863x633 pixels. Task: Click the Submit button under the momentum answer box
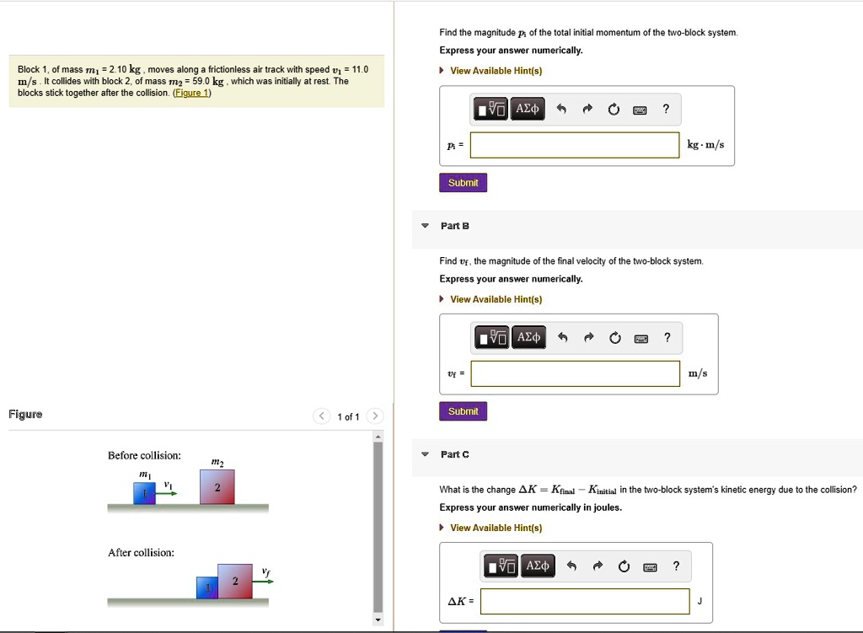point(463,183)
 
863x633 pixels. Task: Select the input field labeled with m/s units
point(575,373)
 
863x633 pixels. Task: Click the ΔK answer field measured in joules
point(585,601)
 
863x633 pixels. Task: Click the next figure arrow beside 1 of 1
point(375,416)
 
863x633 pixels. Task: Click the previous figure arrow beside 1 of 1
point(322,416)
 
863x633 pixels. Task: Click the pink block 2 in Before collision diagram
point(217,487)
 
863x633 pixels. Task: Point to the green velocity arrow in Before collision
point(168,492)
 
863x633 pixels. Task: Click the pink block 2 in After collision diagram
point(235,582)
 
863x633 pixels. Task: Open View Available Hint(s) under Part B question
point(496,299)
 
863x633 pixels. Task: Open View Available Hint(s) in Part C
point(496,528)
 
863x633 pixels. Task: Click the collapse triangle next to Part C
point(426,454)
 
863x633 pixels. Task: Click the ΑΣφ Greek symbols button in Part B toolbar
point(528,338)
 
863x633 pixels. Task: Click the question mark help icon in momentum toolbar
point(666,109)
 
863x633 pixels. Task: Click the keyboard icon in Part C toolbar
point(650,566)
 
